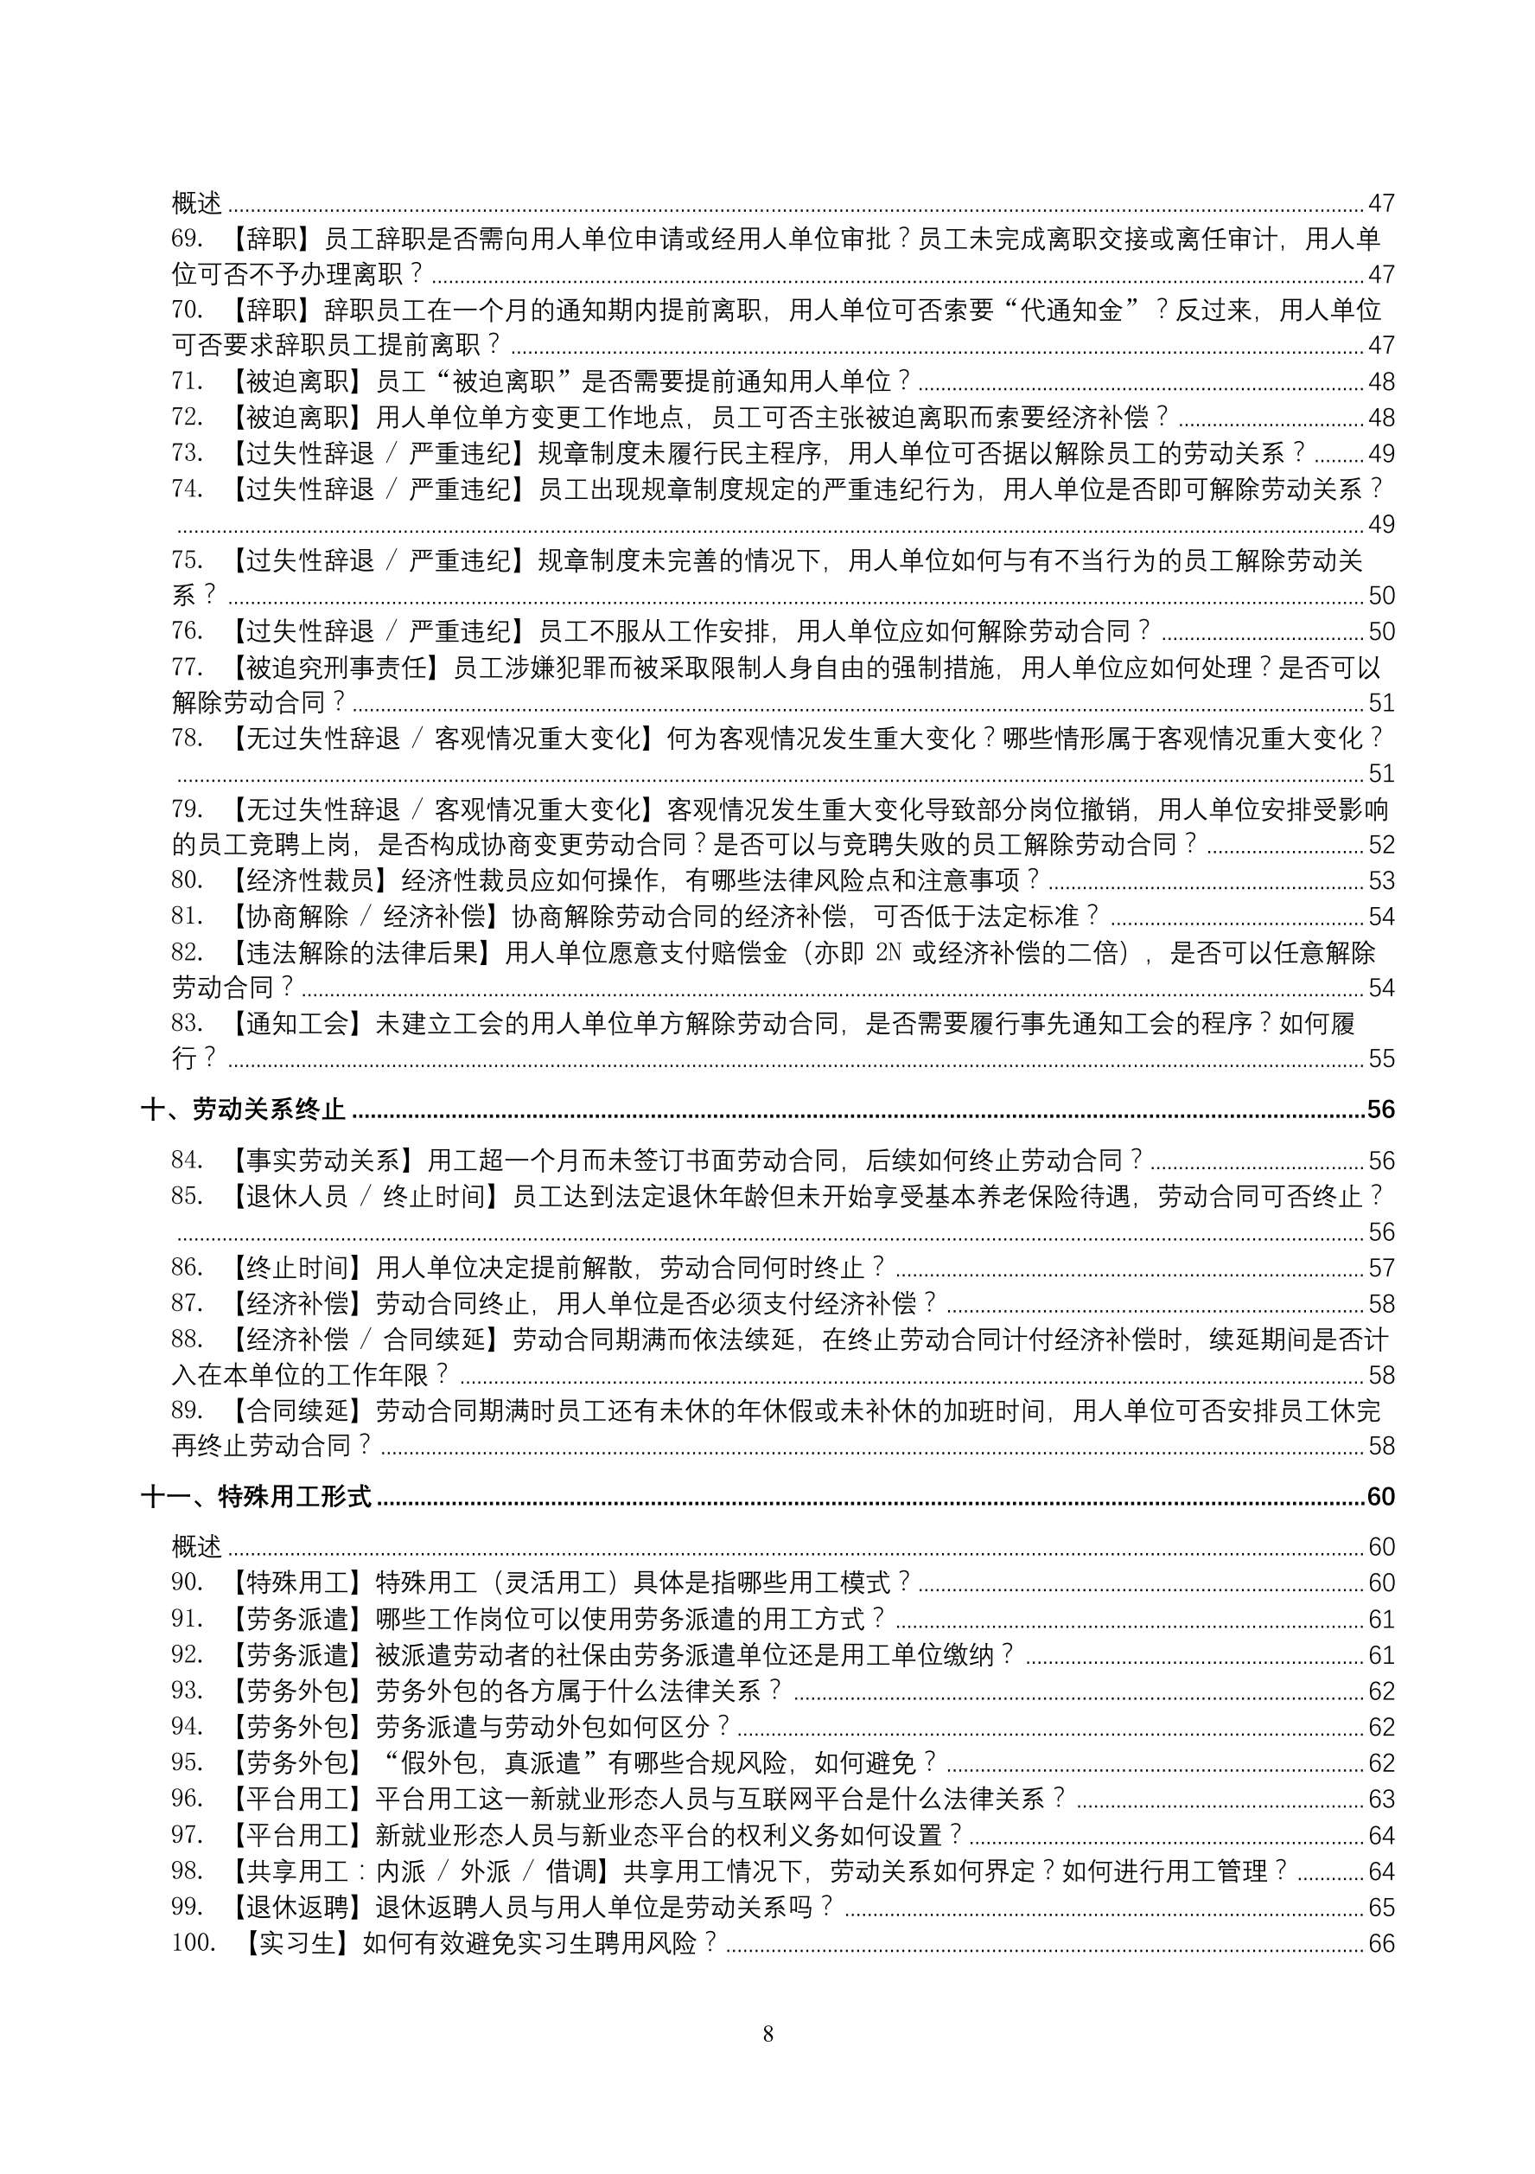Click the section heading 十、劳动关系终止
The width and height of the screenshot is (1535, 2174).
(x=243, y=1109)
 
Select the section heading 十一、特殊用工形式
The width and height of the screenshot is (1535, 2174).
(x=257, y=1496)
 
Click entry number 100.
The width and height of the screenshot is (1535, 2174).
(x=193, y=1943)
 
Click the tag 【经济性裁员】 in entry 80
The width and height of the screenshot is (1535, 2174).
(x=309, y=880)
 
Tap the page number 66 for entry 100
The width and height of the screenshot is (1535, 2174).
(x=1381, y=1944)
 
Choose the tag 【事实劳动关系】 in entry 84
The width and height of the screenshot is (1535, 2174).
(x=322, y=1160)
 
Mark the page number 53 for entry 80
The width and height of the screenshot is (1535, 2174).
(x=1381, y=881)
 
